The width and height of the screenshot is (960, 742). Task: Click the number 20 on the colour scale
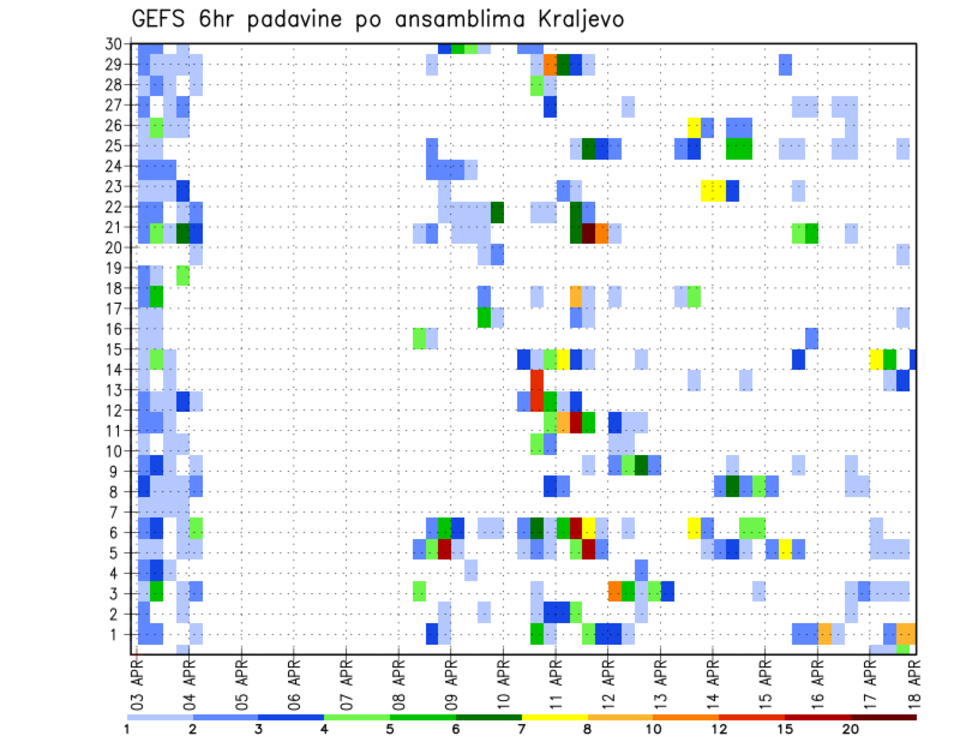851,729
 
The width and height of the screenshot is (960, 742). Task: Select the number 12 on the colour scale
719,729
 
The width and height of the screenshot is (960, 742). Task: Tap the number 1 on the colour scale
127,729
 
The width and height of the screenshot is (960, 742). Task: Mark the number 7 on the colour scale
521,729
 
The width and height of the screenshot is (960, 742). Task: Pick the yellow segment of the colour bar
554,717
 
